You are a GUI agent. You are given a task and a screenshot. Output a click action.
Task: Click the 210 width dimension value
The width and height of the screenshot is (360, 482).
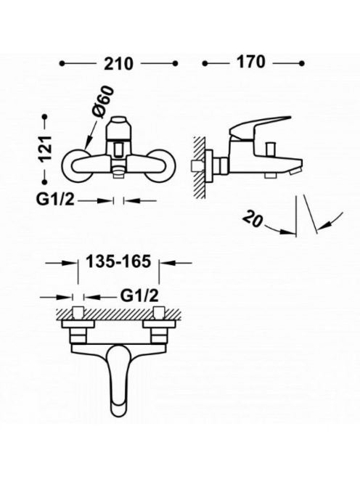point(118,64)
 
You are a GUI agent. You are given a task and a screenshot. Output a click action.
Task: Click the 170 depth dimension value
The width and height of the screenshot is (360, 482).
point(250,62)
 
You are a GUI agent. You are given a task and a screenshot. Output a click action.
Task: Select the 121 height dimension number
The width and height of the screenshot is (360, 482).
point(45,148)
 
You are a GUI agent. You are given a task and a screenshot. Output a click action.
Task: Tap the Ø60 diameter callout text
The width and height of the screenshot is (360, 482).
point(102,102)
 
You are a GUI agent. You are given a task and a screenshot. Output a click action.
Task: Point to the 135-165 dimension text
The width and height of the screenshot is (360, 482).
point(118,262)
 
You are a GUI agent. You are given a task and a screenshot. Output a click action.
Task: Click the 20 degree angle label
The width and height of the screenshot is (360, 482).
point(253,219)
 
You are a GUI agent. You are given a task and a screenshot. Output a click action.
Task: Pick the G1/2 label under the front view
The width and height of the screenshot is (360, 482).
point(56,200)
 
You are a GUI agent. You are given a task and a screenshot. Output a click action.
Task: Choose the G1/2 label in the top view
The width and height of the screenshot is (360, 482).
point(139,296)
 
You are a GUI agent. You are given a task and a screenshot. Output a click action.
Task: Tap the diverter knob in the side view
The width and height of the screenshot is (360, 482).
point(271,150)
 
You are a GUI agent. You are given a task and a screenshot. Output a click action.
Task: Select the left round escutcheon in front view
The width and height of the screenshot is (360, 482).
point(77,166)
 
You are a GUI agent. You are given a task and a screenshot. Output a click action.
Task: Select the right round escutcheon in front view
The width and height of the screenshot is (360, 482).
point(160,166)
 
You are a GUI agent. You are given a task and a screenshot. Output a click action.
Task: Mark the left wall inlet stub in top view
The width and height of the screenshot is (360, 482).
point(78,313)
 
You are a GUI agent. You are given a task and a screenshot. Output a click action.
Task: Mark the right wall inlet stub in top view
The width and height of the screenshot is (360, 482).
point(159,313)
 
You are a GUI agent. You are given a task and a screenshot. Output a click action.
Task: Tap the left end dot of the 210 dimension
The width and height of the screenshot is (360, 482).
point(62,64)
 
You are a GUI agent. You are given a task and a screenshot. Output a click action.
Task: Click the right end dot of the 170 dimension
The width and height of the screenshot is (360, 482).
point(302,64)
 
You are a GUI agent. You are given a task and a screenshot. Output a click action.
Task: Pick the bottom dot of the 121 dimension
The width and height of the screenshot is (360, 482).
point(45,182)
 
